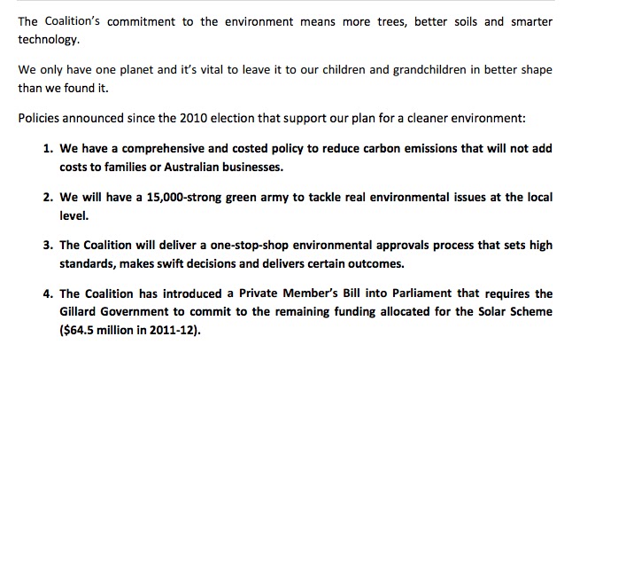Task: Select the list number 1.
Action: [48, 149]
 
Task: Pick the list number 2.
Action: [48, 198]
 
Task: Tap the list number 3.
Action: [48, 246]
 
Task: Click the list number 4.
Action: [48, 293]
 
